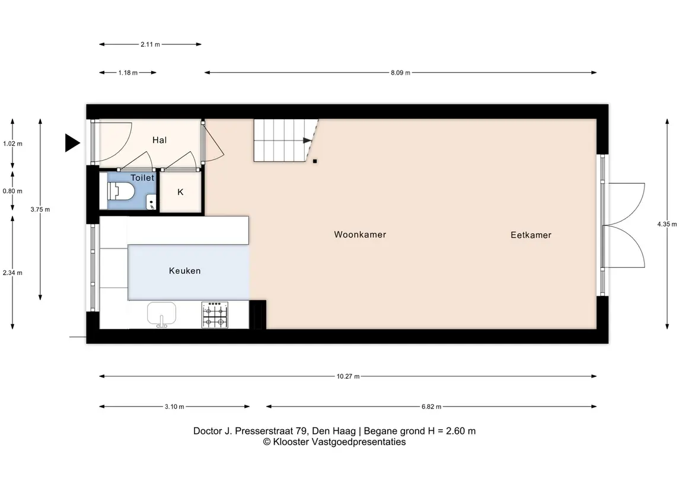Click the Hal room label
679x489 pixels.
[x=160, y=140]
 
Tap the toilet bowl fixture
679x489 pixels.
[x=120, y=191]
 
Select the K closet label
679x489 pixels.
[x=181, y=192]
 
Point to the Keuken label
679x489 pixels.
[x=185, y=271]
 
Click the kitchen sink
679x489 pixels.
[x=161, y=314]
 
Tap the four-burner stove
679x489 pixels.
[x=215, y=315]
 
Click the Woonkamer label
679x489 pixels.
[x=360, y=235]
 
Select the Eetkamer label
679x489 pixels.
[x=531, y=235]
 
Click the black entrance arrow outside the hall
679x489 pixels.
[x=72, y=143]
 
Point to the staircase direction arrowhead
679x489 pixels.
[x=307, y=140]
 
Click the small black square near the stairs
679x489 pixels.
[x=315, y=161]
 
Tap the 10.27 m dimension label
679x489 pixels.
[x=348, y=376]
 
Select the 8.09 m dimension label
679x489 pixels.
[x=400, y=73]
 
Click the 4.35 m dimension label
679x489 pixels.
[x=667, y=224]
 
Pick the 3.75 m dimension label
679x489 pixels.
[x=40, y=209]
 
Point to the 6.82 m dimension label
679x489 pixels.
[x=431, y=407]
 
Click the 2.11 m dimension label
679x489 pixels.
[x=150, y=44]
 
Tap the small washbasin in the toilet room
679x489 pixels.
[x=151, y=202]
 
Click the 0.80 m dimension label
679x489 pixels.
[x=12, y=191]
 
